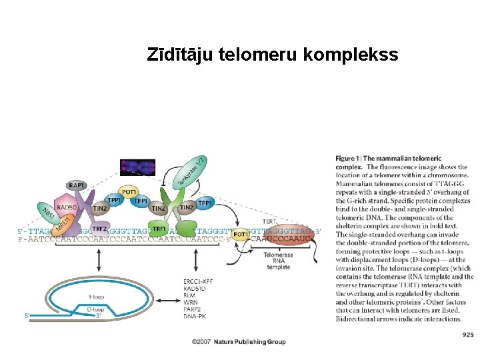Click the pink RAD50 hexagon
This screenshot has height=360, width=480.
coord(67,207)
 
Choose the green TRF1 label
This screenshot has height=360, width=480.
coord(159,229)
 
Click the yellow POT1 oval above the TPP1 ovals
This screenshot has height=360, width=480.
coord(130,191)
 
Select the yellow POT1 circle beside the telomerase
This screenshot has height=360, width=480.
coord(241,234)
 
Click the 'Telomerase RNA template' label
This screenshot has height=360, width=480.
coord(277,261)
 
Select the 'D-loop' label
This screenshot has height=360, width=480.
coord(97,309)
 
